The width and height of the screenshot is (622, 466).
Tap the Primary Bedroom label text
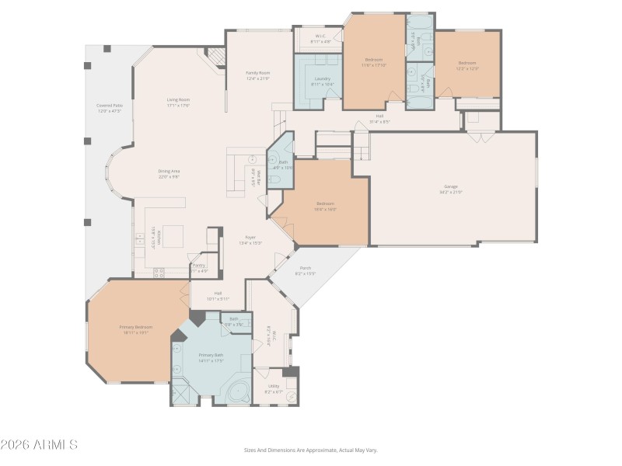point(135,327)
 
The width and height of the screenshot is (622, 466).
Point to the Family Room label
point(257,72)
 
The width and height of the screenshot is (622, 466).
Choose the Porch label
point(306,268)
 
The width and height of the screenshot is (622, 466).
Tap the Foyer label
point(250,237)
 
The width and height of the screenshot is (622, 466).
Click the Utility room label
point(274,385)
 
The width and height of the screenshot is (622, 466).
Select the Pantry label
point(199,265)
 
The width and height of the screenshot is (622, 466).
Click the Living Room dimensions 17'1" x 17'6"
point(178,106)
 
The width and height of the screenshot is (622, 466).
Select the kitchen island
point(173,235)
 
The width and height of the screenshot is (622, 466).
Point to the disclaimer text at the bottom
point(311,450)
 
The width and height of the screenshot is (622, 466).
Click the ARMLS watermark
point(39,445)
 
